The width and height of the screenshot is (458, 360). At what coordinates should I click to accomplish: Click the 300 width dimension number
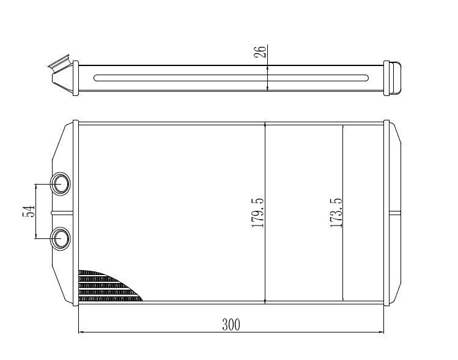point(231,325)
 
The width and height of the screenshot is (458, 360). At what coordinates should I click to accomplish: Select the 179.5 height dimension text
point(257,213)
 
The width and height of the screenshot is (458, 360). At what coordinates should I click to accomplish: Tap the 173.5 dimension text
point(336,213)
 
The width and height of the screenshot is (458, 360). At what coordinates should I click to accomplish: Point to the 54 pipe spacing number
point(29,211)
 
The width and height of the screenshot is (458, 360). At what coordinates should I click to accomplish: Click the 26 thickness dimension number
point(260,52)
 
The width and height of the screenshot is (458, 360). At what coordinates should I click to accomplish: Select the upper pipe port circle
point(61,184)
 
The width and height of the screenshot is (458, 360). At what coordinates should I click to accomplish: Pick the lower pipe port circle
point(61,238)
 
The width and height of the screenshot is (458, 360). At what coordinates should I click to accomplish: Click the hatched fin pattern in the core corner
point(108,286)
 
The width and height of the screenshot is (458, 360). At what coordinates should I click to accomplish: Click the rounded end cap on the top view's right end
point(395,78)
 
